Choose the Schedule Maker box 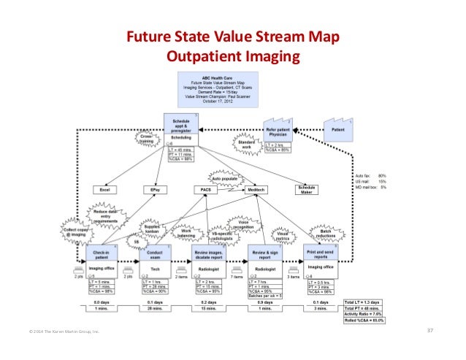click(x=307, y=189)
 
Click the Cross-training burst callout click(x=145, y=139)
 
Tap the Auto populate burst click(x=228, y=177)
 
